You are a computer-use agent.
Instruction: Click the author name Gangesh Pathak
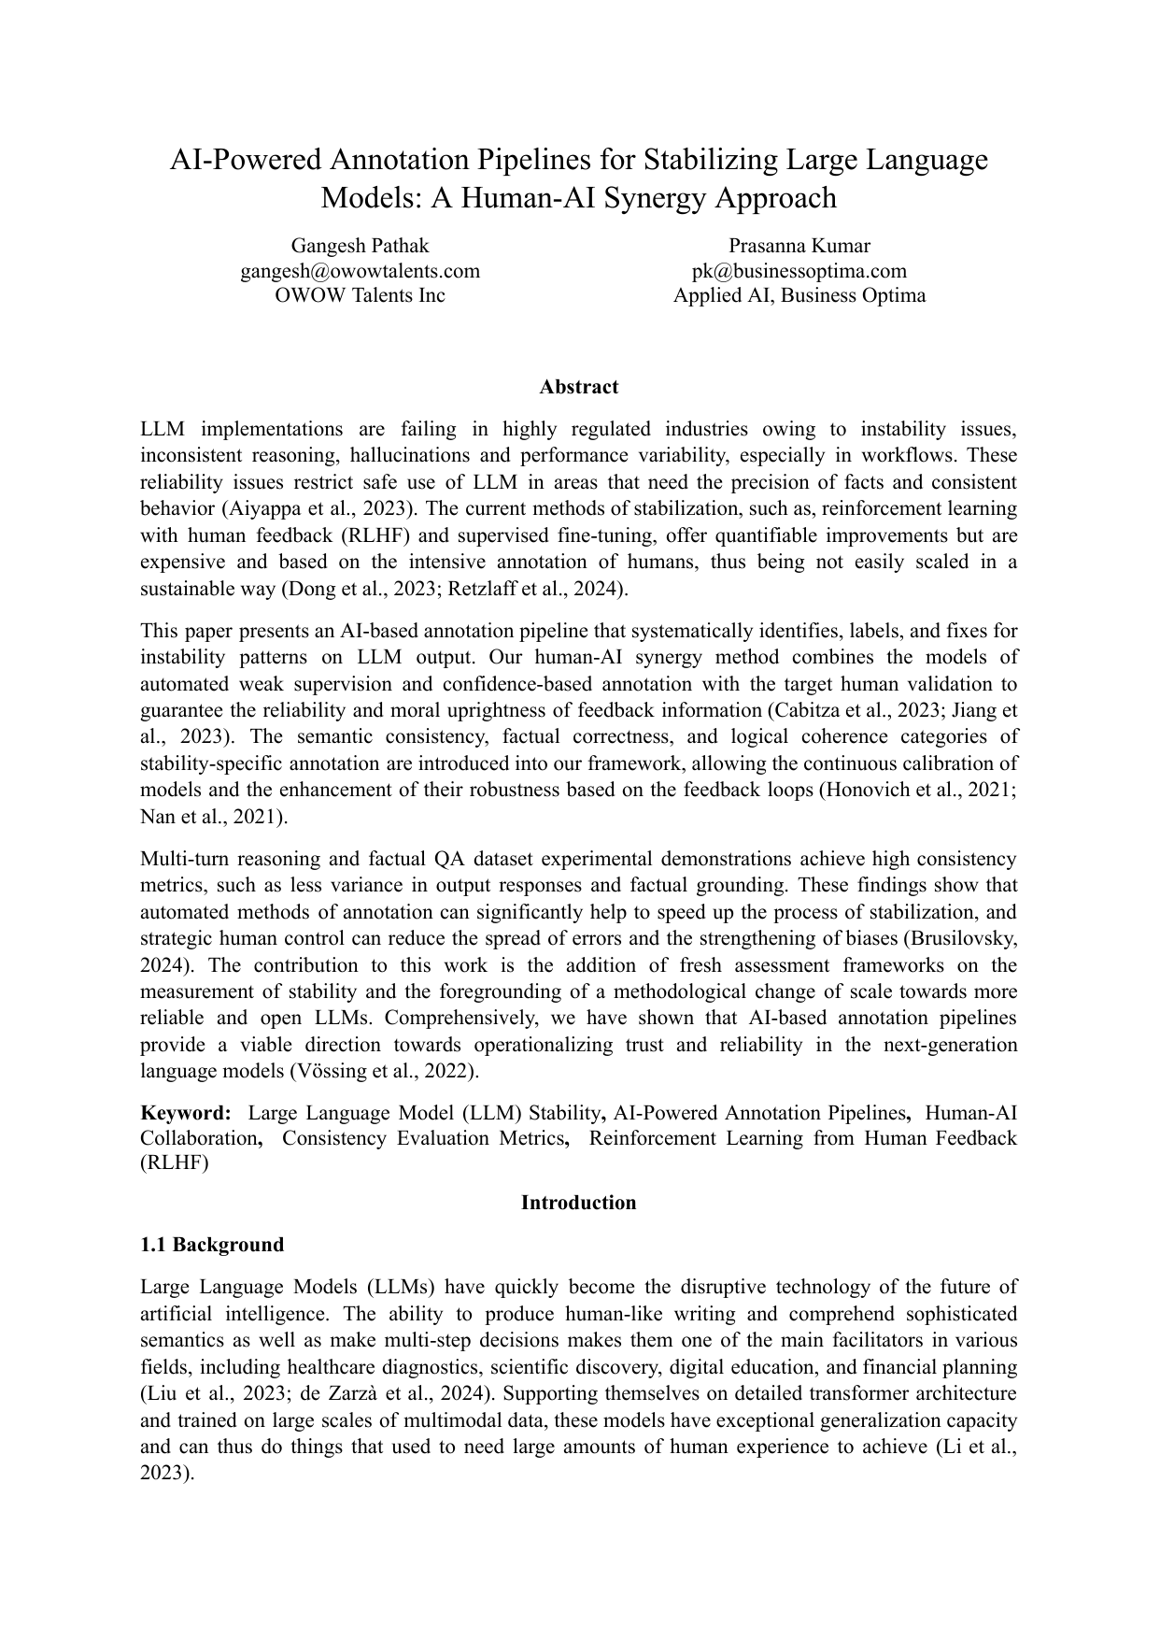point(360,246)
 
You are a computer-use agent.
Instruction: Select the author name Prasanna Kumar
point(799,246)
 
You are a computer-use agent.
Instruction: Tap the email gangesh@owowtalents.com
point(360,271)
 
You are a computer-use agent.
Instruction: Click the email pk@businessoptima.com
point(799,271)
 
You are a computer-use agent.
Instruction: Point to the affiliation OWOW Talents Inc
point(360,295)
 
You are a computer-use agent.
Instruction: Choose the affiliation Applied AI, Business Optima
point(799,295)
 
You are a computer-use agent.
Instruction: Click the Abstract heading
point(578,387)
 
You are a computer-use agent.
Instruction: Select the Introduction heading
point(578,1203)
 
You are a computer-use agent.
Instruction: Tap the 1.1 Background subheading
point(212,1245)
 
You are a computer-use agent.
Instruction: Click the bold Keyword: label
point(185,1113)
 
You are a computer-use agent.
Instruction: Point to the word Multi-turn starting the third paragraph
point(183,859)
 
